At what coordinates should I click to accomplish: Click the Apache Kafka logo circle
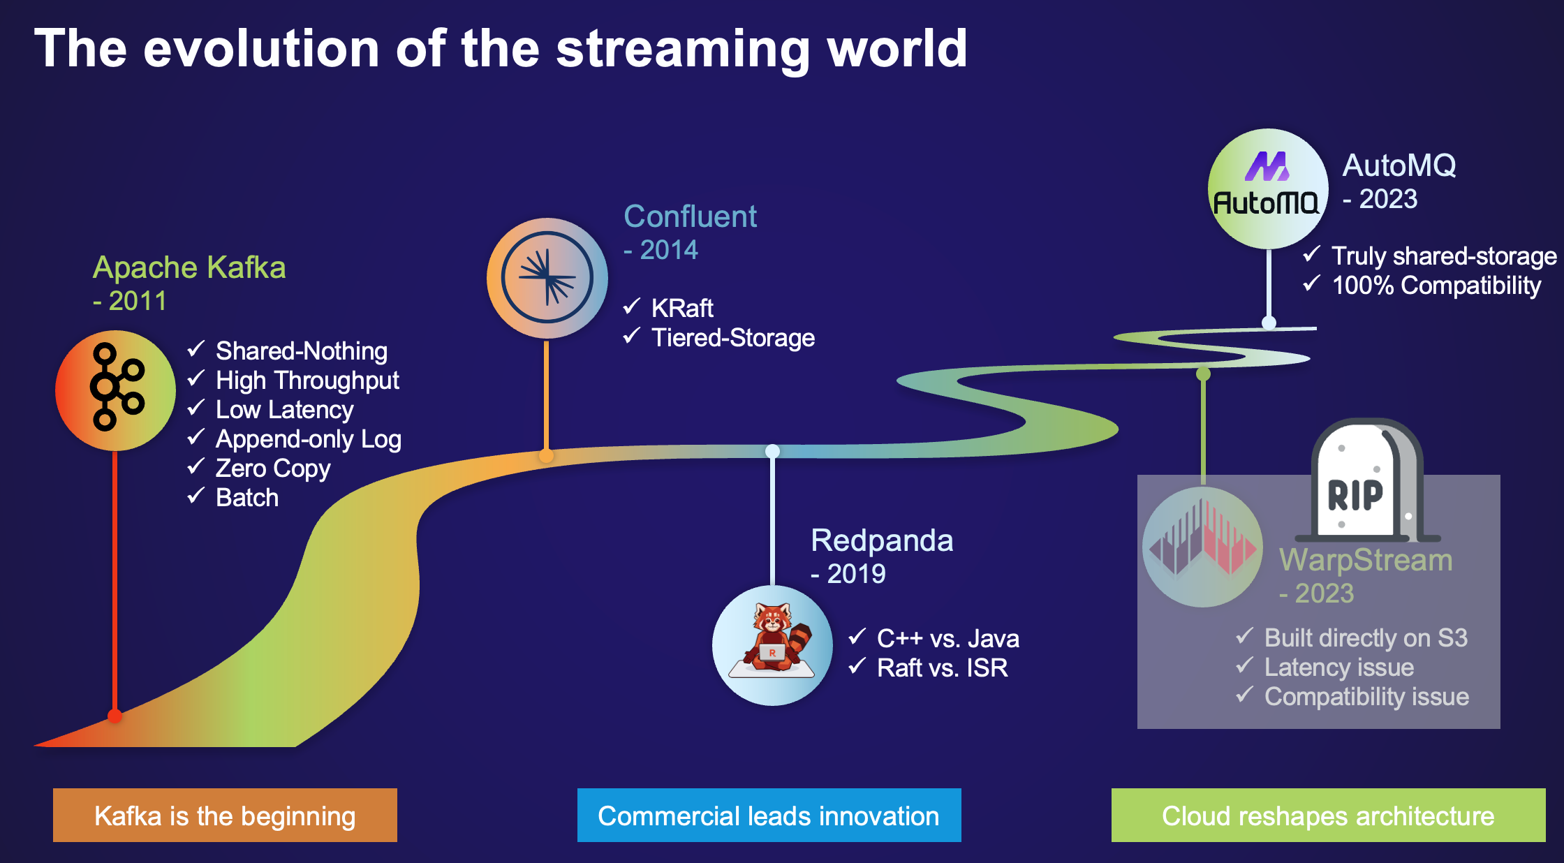point(115,390)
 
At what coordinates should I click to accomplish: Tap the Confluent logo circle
point(547,278)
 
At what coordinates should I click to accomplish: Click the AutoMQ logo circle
point(1268,189)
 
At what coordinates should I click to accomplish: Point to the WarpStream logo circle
point(1202,547)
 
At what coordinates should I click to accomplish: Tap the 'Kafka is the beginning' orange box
point(225,815)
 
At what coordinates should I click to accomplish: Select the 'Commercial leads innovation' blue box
point(769,815)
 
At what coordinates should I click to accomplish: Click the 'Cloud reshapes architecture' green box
point(1328,815)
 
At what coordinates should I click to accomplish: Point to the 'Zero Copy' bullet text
point(273,469)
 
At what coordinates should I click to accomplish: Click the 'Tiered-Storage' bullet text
point(732,338)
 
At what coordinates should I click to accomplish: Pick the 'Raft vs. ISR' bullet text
point(942,668)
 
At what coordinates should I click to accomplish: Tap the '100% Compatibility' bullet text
point(1436,286)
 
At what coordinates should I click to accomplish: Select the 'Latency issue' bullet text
point(1338,667)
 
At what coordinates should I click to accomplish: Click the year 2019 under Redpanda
point(856,574)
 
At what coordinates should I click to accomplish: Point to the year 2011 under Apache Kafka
point(138,301)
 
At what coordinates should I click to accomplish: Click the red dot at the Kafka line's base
point(115,716)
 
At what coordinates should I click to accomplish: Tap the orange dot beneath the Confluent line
point(546,456)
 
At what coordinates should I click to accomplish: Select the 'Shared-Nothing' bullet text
point(301,351)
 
